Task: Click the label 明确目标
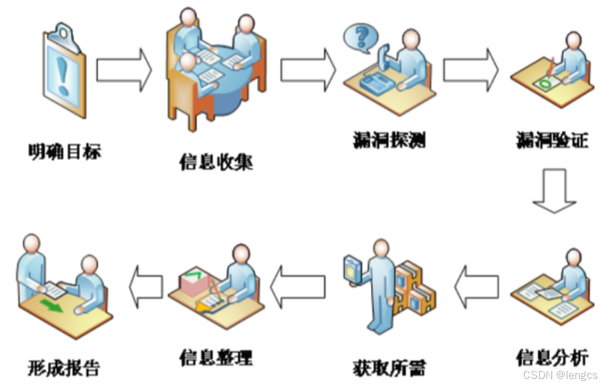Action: coord(65,151)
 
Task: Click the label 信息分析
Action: coord(551,356)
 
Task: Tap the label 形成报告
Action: coord(64,367)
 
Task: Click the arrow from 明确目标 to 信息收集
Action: coord(124,70)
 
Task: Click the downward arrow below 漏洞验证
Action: coord(554,191)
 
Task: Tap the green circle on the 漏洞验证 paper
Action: coord(544,84)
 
